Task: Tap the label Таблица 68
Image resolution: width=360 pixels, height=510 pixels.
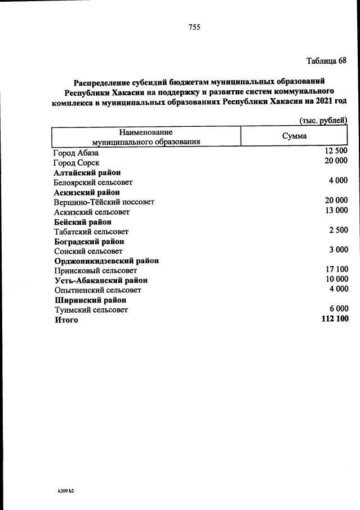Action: pos(326,60)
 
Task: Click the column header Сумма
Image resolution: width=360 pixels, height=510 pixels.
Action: pos(294,136)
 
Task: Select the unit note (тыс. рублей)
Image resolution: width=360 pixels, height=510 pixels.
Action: pos(323,120)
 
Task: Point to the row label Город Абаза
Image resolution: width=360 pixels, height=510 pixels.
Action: pos(76,153)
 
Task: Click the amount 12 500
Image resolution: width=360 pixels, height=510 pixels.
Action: pos(336,151)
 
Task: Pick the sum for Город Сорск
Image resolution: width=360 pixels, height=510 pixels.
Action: pos(336,161)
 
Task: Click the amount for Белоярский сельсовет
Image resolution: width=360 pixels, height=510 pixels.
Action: pos(338,180)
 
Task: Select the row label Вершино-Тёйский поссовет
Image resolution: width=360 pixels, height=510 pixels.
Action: pos(104,202)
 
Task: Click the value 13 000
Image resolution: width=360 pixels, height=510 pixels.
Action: pos(336,210)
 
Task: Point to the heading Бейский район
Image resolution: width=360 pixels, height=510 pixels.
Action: pos(82,221)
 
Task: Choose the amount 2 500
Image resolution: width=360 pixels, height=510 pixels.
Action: pos(338,230)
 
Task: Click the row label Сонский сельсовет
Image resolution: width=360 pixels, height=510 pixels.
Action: pos(88,251)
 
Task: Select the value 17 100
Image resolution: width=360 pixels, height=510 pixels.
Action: pos(336,269)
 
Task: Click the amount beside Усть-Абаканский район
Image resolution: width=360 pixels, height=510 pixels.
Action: pos(336,279)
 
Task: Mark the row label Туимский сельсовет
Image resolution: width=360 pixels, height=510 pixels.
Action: pos(91,310)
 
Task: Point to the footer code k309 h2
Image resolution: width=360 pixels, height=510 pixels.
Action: pos(66,491)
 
